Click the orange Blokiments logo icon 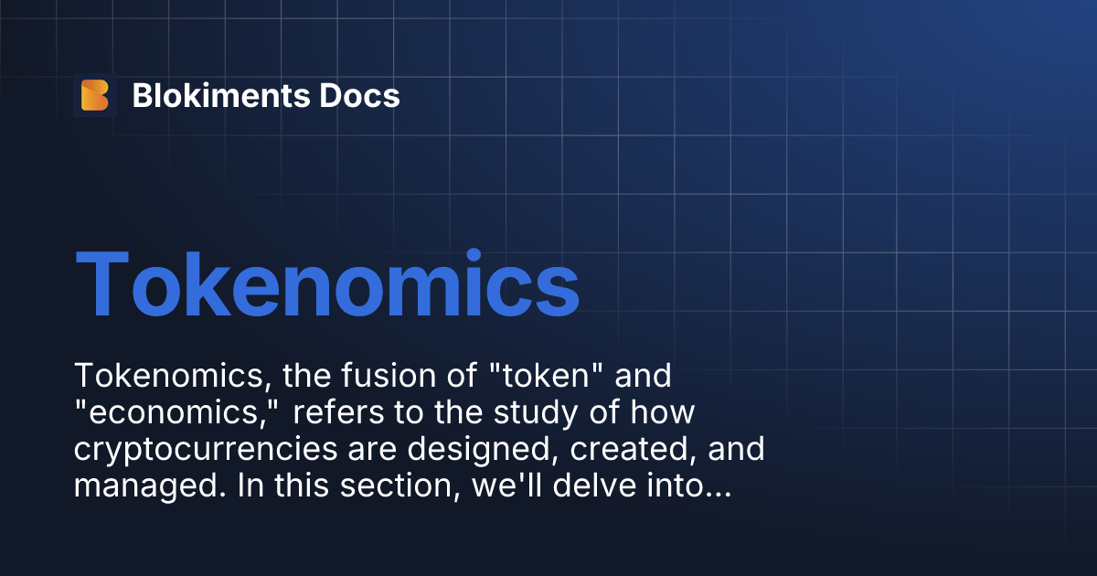pos(95,95)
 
